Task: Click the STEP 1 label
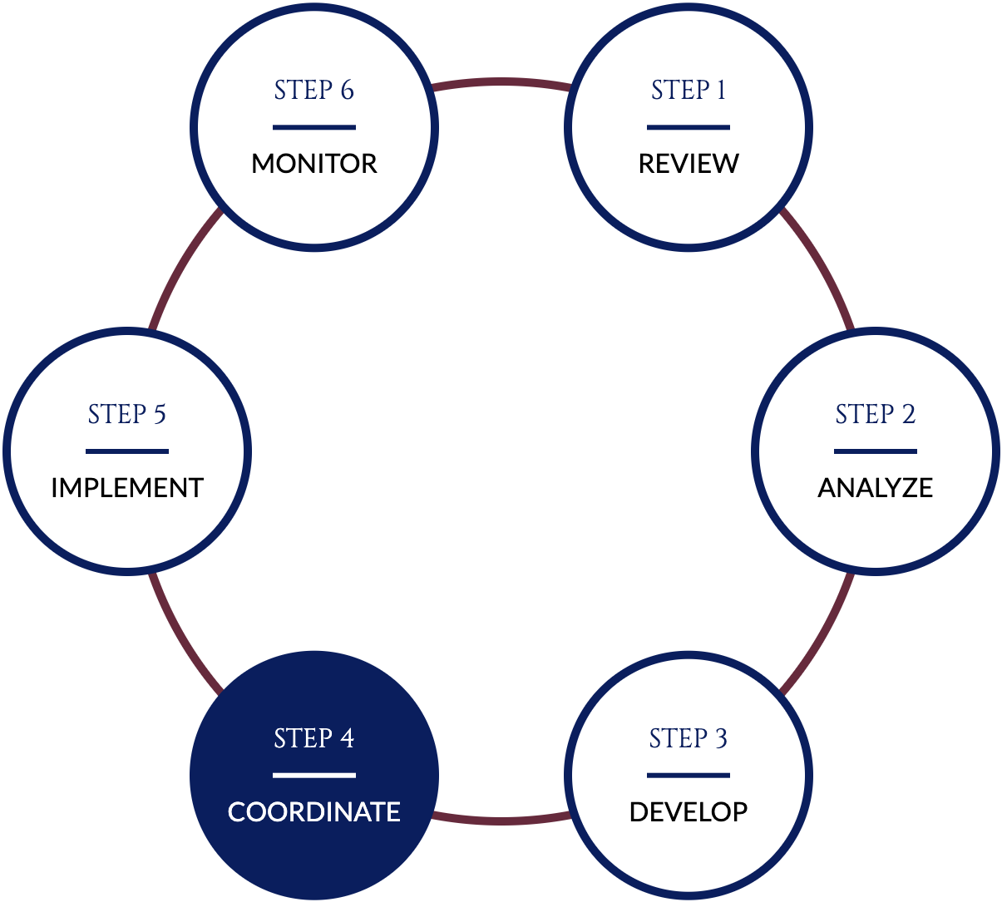point(689,90)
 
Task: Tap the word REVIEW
point(689,164)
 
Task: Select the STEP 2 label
point(876,414)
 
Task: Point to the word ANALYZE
point(876,488)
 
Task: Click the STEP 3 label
point(689,738)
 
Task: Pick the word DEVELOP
point(689,812)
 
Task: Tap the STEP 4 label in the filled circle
point(314,738)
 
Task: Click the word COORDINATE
point(314,812)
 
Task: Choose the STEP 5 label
point(127,414)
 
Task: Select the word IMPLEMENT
point(127,488)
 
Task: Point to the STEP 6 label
point(314,90)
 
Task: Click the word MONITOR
point(314,164)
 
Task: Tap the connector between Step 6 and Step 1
point(501,81)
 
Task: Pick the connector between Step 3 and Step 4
point(501,821)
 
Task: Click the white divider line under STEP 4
point(314,776)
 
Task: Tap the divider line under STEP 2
point(876,451)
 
